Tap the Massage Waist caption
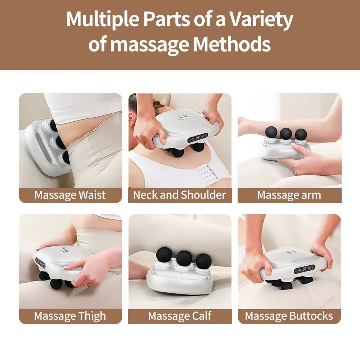point(70,195)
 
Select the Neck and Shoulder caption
point(180,195)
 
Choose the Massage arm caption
point(289,195)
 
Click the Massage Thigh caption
point(70,316)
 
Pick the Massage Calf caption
point(180,316)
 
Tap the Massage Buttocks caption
point(289,316)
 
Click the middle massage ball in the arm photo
point(285,134)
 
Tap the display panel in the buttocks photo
point(304,269)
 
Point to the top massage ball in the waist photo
point(54,125)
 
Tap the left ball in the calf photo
point(164,255)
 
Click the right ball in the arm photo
point(301,134)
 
